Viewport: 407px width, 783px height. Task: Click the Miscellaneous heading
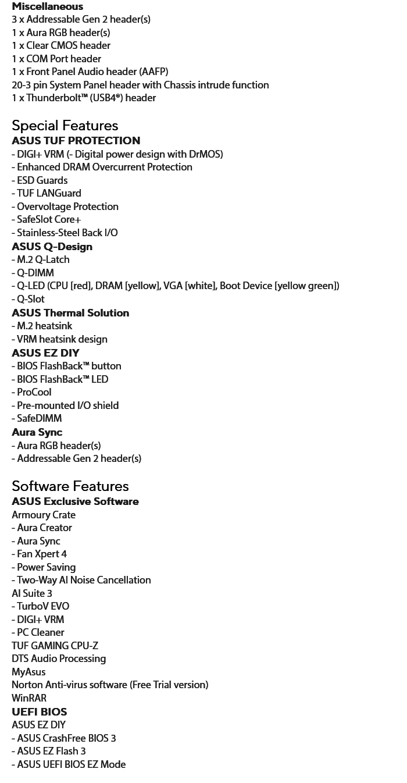[x=47, y=6]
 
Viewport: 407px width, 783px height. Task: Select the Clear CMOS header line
[x=61, y=45]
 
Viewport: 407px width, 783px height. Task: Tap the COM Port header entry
[x=56, y=59]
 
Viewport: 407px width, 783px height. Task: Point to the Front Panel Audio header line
[x=90, y=72]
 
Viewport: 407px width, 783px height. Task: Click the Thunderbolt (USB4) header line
[x=84, y=98]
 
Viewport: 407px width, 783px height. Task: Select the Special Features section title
[x=65, y=126]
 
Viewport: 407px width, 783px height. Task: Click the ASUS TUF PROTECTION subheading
[x=76, y=141]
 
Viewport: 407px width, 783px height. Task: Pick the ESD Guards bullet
[x=40, y=180]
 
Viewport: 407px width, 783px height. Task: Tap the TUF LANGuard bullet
[x=47, y=193]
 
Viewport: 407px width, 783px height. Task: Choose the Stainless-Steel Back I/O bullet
[x=65, y=233]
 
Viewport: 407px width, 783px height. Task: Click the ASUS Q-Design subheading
[x=52, y=247]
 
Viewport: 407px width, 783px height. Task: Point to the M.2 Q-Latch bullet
[x=41, y=259]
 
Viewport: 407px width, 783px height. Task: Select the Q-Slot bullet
[x=28, y=299]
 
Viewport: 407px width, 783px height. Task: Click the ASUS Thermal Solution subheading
[x=70, y=313]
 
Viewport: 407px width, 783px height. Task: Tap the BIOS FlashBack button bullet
[x=66, y=366]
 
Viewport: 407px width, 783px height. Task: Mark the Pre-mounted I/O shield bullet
[x=65, y=405]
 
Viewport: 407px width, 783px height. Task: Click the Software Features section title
[x=70, y=486]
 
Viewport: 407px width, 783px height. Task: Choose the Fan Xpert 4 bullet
[x=39, y=554]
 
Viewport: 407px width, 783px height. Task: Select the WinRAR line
[x=29, y=698]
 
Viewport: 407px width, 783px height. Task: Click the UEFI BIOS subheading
[x=39, y=712]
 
